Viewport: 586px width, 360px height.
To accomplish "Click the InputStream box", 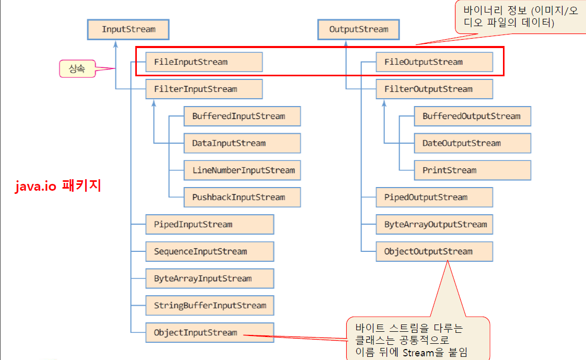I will (128, 29).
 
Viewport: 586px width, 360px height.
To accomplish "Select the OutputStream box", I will (359, 29).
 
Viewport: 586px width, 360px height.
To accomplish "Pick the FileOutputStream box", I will (434, 62).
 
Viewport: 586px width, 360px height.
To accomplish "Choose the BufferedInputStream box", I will (242, 116).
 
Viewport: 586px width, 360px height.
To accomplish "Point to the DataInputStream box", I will (242, 143).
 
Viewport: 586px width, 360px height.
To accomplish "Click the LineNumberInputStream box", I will (242, 170).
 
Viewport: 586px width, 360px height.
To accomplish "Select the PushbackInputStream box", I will (242, 198).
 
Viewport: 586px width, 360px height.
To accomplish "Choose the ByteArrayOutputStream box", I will (434, 225).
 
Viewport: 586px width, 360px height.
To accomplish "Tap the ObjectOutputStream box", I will (434, 251).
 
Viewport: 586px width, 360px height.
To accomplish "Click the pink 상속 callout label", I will (77, 68).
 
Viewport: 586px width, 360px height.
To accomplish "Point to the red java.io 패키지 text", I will (57, 186).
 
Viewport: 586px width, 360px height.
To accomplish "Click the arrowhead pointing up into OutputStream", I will (346, 43).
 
